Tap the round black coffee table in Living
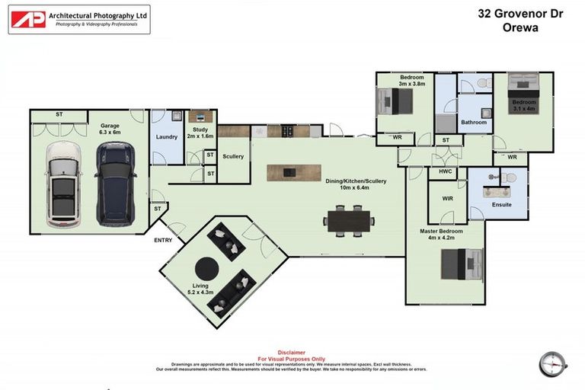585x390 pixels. pyautogui.click(x=206, y=269)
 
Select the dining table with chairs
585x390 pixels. pyautogui.click(x=350, y=220)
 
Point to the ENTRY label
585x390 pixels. pyautogui.click(x=164, y=241)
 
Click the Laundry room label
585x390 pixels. pyautogui.click(x=166, y=137)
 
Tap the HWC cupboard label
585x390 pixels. pyautogui.click(x=446, y=173)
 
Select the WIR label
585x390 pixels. pyautogui.click(x=446, y=200)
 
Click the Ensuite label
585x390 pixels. pyautogui.click(x=501, y=204)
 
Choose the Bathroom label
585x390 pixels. pyautogui.click(x=473, y=122)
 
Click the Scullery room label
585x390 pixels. pyautogui.click(x=233, y=156)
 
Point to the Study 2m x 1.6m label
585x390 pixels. pyautogui.click(x=201, y=133)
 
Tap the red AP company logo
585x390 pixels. pyautogui.click(x=27, y=19)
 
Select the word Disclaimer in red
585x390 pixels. pyautogui.click(x=292, y=353)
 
